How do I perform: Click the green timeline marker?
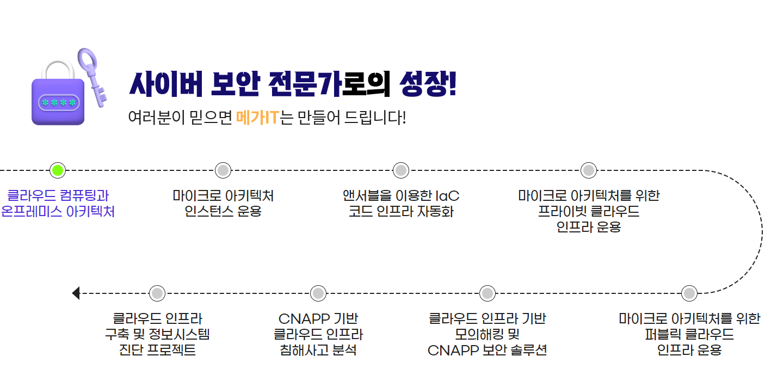click(x=58, y=170)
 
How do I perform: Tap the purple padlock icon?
click(x=58, y=98)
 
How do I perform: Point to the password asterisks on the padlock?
click(x=58, y=103)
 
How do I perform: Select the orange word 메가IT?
click(x=257, y=117)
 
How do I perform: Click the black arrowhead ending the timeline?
click(x=76, y=293)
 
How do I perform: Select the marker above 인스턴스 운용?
click(x=223, y=170)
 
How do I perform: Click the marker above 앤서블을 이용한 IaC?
click(x=400, y=170)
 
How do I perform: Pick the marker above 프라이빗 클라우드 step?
click(x=588, y=170)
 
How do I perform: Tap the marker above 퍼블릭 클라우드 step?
click(x=689, y=293)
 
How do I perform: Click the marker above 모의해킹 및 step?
click(x=488, y=293)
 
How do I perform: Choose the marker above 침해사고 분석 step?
click(x=318, y=293)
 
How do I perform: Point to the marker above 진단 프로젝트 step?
click(x=157, y=293)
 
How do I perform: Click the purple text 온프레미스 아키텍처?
click(x=58, y=211)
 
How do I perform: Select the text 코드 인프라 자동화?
click(x=401, y=211)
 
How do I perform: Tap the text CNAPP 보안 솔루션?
click(x=487, y=350)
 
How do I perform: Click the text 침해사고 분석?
click(x=318, y=350)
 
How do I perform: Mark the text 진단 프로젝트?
click(x=157, y=350)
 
